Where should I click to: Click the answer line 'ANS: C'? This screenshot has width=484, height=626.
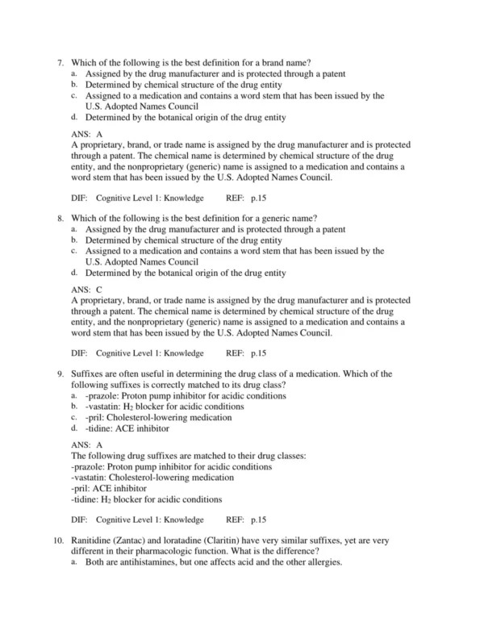point(87,288)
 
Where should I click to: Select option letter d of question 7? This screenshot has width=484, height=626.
point(74,116)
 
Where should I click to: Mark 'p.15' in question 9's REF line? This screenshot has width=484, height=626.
point(258,520)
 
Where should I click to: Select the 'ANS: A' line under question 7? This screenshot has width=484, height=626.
point(87,133)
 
